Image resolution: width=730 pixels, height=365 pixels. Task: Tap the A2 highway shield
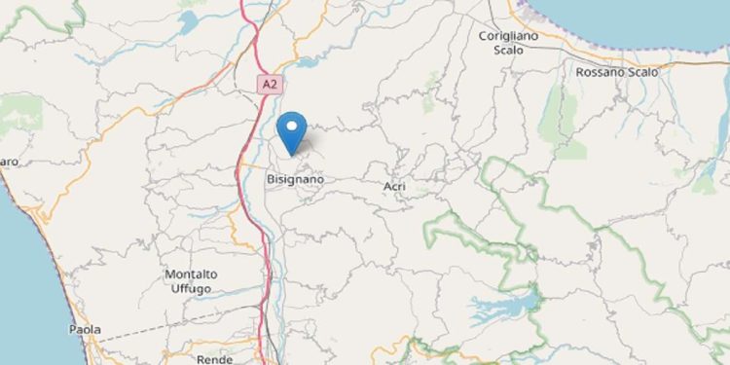pos(268,85)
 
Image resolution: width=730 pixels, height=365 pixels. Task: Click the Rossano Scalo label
pos(617,72)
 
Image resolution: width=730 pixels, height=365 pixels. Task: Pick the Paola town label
pos(85,330)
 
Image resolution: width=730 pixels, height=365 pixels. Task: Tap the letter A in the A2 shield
pos(264,85)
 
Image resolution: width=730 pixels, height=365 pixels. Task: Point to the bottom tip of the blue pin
pos(291,154)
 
